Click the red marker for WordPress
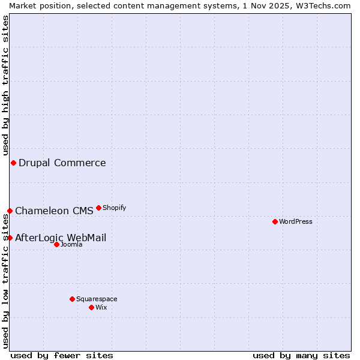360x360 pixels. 275,221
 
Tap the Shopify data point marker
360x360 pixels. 98,208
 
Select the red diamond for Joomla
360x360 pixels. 56,244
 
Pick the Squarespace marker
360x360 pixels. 72,299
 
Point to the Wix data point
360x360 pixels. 91,307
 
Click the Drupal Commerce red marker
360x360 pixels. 13,163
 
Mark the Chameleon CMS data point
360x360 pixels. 10,211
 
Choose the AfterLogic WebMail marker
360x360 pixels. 10,238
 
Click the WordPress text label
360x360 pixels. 296,221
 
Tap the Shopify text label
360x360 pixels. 114,208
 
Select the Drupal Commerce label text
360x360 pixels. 62,163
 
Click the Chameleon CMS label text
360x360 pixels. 54,211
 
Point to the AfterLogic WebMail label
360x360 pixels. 61,238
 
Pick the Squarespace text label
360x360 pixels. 97,299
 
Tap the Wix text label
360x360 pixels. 101,307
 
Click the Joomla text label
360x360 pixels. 71,244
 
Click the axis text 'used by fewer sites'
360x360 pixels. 62,355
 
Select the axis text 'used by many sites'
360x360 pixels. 301,355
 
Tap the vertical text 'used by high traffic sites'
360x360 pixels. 5,83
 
